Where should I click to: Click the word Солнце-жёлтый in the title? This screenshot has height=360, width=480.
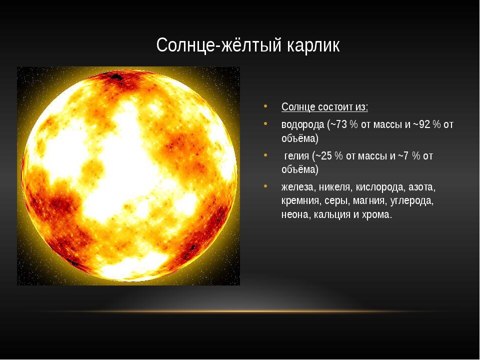219,45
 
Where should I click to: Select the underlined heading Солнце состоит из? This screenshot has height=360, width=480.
325,107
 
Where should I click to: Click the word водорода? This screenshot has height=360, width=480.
303,125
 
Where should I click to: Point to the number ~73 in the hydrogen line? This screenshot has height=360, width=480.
338,124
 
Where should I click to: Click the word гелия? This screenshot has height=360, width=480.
296,156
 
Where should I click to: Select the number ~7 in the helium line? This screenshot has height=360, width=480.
403,156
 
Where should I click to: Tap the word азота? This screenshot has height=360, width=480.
422,187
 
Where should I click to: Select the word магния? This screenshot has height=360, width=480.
369,201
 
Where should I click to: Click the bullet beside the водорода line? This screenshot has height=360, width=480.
265,123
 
